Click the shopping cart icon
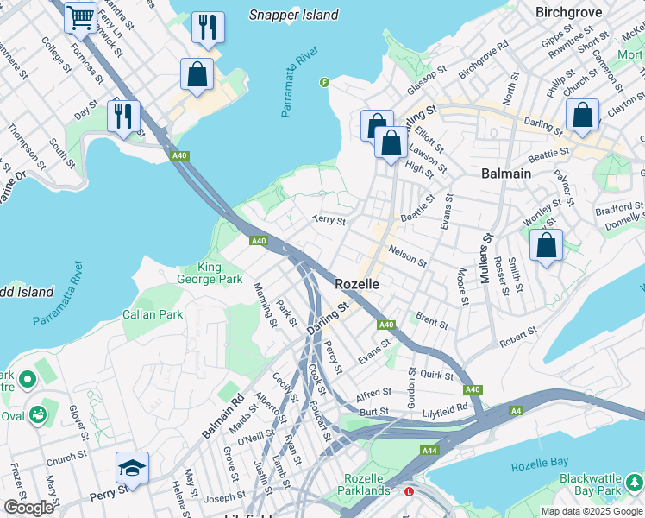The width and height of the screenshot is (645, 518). [x=80, y=16]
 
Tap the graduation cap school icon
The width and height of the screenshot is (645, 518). [x=132, y=467]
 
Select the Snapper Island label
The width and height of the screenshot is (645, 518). [x=293, y=15]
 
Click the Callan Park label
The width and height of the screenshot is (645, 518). [x=152, y=314]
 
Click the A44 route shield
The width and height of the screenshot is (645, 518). [x=429, y=451]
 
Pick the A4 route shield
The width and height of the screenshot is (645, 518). [x=515, y=410]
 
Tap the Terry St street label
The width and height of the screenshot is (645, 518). [x=329, y=221]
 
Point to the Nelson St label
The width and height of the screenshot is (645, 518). [x=408, y=256]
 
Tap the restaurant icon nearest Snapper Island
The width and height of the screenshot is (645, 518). [x=207, y=27]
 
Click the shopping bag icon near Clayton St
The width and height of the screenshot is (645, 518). [x=582, y=115]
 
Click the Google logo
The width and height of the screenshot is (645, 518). [x=28, y=508]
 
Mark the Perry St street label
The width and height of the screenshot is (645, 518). [x=111, y=488]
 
